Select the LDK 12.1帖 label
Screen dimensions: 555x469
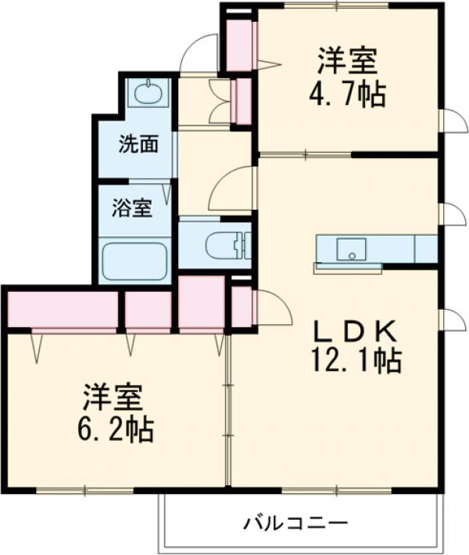pyautogui.click(x=355, y=344)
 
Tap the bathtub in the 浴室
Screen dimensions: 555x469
pyautogui.click(x=134, y=261)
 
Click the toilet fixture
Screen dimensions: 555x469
pyautogui.click(x=226, y=245)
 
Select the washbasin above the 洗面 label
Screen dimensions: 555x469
pyautogui.click(x=147, y=95)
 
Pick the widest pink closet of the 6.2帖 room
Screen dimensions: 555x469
pyautogui.click(x=63, y=310)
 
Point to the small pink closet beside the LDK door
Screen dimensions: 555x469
pyautogui.click(x=242, y=306)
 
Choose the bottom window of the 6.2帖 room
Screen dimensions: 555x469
pyautogui.click(x=86, y=492)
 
